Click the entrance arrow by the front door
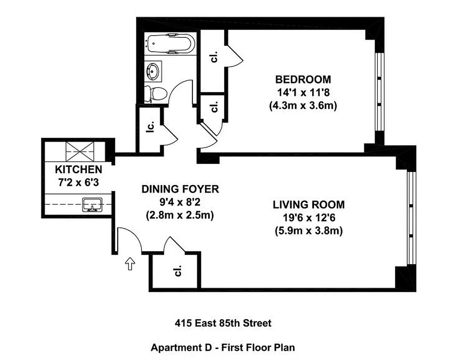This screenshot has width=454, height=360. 130,263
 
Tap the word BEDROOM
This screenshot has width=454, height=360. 303,80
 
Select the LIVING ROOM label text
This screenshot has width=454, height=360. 309,205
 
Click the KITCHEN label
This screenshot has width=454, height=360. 78,170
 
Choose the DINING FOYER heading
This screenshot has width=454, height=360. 180,189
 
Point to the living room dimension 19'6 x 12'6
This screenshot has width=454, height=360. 309,218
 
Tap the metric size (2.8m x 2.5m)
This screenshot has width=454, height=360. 180,215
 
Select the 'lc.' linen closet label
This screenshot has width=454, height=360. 151,127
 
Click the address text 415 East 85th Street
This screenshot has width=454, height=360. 223,323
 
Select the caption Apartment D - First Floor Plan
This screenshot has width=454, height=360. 223,347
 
